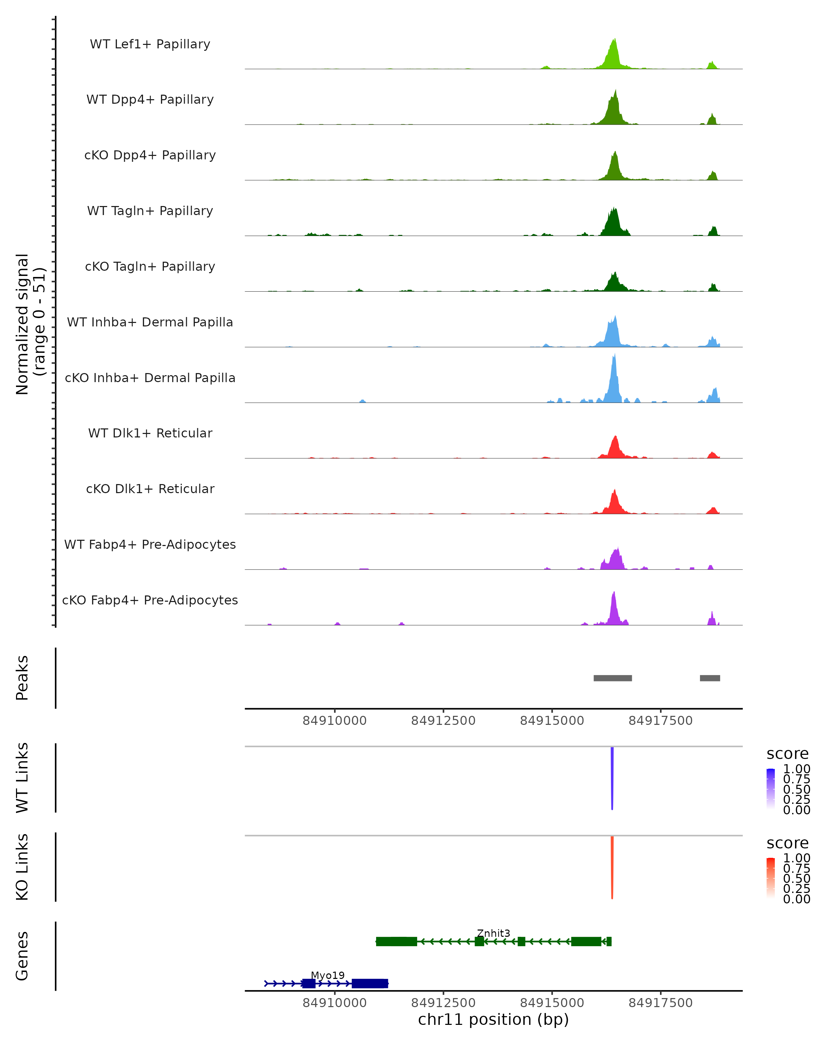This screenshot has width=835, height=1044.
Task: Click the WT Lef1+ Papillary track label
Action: (150, 44)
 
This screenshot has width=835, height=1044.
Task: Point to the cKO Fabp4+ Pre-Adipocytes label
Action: (150, 600)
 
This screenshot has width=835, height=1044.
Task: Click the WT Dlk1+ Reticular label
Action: (150, 433)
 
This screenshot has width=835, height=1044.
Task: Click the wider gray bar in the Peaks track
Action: (612, 678)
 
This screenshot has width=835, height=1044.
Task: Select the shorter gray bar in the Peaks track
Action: (710, 678)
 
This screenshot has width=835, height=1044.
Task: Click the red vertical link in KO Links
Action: (612, 867)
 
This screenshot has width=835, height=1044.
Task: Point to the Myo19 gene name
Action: (328, 975)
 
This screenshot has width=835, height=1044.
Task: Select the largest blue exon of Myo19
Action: (370, 983)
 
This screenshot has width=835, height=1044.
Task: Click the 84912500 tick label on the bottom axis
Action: (443, 1003)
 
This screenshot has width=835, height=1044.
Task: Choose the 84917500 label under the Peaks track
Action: (660, 721)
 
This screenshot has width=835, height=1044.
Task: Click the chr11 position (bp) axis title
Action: (493, 1020)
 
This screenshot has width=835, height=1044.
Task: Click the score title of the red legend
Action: (788, 843)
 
